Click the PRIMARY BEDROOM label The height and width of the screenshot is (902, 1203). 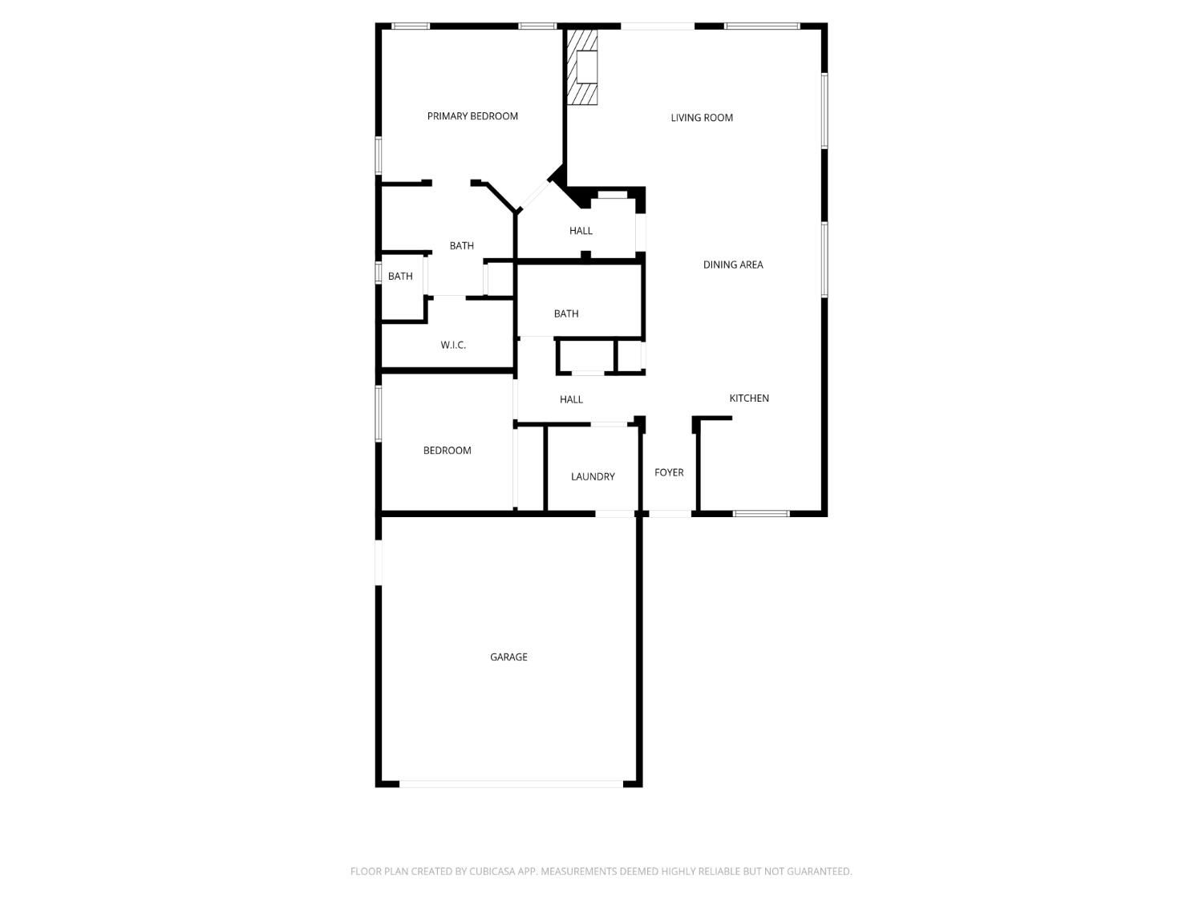coord(472,116)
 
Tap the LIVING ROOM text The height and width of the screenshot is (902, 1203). coord(702,118)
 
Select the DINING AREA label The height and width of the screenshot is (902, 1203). coord(733,265)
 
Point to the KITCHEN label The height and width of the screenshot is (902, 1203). coord(748,398)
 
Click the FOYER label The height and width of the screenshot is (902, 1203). coord(669,472)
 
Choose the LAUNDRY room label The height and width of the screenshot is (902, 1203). coord(593,476)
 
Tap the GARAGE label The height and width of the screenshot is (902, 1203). coord(508,657)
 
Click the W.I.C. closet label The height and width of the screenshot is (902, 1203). coord(452,345)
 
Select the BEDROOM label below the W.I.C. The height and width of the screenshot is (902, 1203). coord(447,450)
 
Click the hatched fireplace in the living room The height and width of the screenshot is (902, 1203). coord(581,67)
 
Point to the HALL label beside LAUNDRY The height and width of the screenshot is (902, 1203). coord(571,399)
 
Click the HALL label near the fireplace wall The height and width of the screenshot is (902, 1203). coord(581,231)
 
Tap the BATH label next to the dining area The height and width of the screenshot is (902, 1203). coord(566,313)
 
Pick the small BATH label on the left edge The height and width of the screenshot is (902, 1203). coord(400,276)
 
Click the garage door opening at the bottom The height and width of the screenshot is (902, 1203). coord(511,783)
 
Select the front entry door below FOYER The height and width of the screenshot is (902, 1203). coord(670,514)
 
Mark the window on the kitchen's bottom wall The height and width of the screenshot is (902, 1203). coord(761,514)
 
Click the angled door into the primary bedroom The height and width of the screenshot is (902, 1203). coord(534,196)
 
